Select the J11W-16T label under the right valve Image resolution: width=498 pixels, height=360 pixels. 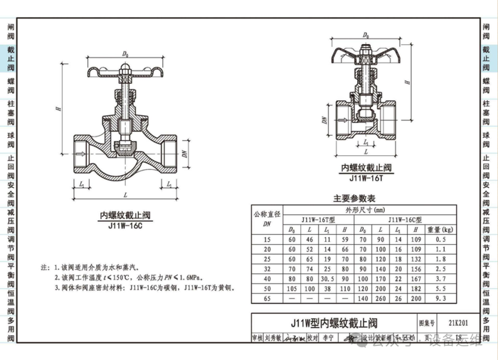pyautogui.click(x=367, y=178)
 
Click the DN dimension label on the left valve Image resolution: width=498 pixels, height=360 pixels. pyautogui.click(x=184, y=154)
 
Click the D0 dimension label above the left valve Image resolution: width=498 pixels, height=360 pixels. pyautogui.click(x=125, y=53)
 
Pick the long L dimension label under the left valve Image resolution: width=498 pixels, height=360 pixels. pyautogui.click(x=125, y=195)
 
